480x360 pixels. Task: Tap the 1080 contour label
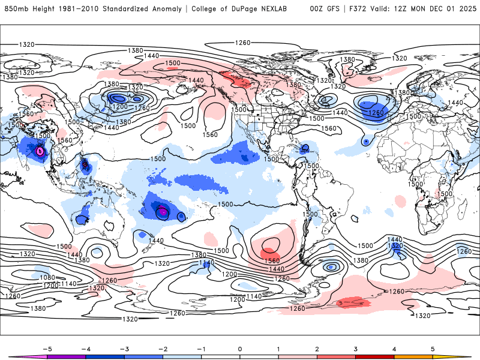click(x=49, y=277)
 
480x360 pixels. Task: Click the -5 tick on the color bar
click(x=46, y=347)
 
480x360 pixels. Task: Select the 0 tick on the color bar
click(x=240, y=347)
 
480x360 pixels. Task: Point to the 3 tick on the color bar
click(x=356, y=347)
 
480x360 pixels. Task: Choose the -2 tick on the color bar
click(x=162, y=347)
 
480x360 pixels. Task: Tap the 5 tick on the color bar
click(x=433, y=347)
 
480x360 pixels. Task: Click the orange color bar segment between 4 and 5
click(x=413, y=356)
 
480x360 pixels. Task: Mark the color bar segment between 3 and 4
click(x=375, y=356)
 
